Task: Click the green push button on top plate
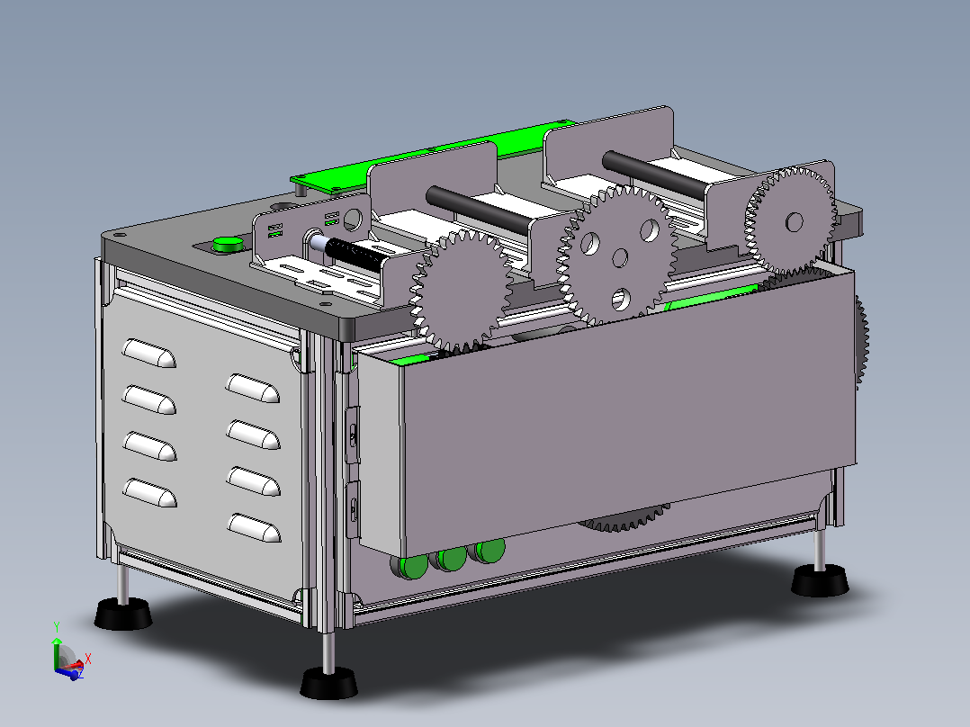click(227, 244)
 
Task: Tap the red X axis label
click(88, 659)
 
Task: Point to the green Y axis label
click(57, 627)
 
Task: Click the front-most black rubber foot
click(328, 683)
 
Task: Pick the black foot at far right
click(820, 580)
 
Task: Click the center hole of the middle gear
click(620, 257)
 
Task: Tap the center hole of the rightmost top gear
click(795, 222)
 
